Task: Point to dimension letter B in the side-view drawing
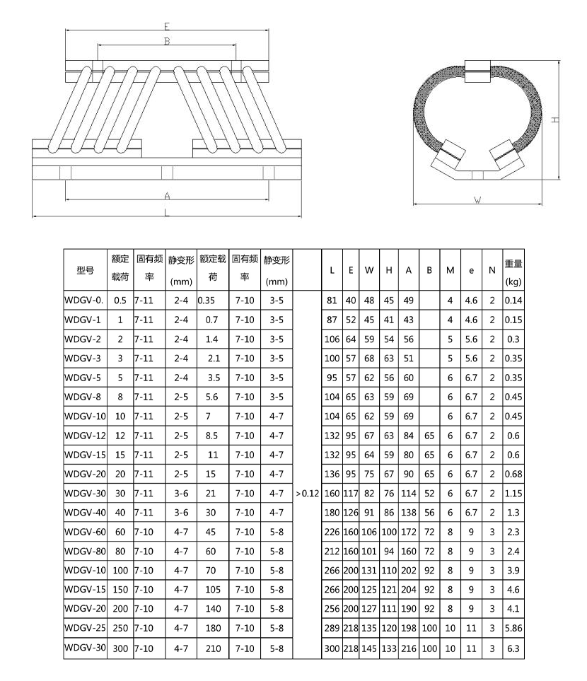pyautogui.click(x=167, y=42)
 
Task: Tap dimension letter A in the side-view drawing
pyautogui.click(x=167, y=195)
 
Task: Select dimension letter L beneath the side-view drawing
pyautogui.click(x=167, y=211)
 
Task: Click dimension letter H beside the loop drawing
pyautogui.click(x=556, y=121)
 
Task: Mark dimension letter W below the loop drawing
pyautogui.click(x=477, y=201)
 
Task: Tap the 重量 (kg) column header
pyautogui.click(x=513, y=269)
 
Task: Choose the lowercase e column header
pyautogui.click(x=471, y=269)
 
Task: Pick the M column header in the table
pyautogui.click(x=450, y=269)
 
